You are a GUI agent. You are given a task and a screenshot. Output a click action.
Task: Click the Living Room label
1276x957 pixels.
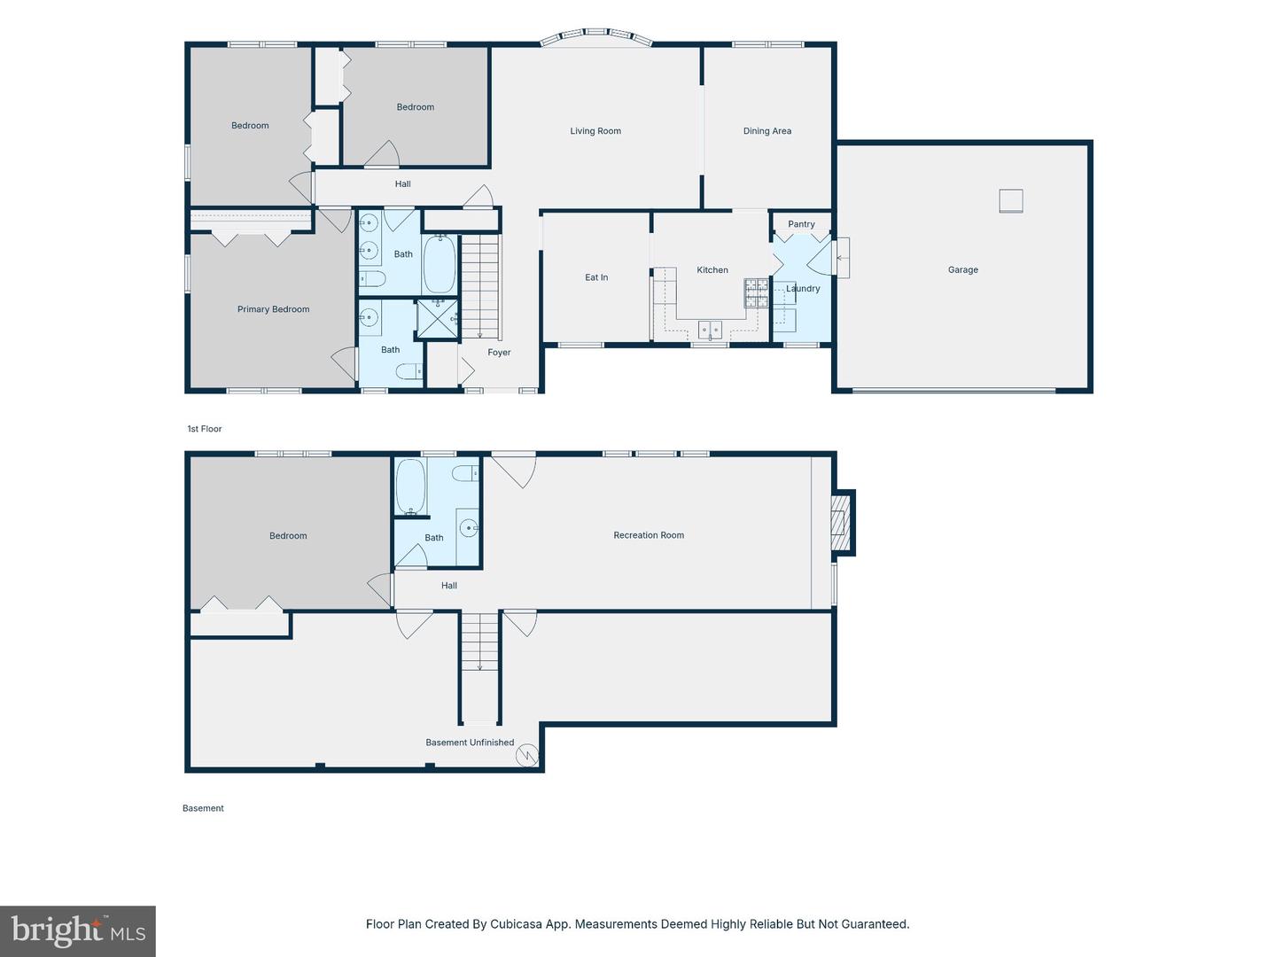tap(595, 131)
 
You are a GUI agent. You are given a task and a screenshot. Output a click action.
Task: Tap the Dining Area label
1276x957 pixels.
tap(766, 131)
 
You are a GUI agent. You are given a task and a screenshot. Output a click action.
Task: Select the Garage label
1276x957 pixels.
tap(962, 269)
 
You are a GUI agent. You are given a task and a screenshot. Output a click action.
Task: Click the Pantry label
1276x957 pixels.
tap(801, 223)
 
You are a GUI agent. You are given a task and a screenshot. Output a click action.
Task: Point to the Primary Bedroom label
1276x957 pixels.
tap(273, 309)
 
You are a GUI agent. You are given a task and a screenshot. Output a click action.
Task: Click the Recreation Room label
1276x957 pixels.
tap(649, 535)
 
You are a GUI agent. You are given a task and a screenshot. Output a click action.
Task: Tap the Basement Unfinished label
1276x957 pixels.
tap(470, 742)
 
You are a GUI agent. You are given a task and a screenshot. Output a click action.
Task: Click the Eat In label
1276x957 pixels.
tap(596, 277)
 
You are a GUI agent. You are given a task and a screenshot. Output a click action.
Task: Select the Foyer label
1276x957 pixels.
tap(499, 352)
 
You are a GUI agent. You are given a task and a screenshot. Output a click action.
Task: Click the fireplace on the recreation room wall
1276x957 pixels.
tap(841, 523)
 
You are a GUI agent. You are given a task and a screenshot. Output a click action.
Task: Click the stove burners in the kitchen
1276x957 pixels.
tap(757, 292)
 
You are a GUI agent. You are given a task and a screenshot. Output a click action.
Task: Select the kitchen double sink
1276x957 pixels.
tap(710, 330)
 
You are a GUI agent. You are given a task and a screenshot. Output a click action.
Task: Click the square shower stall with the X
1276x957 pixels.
tap(438, 318)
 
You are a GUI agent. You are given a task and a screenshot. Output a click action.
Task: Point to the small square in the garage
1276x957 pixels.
tap(1011, 201)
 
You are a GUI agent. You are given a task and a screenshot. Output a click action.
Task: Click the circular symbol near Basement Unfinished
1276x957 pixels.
tap(527, 755)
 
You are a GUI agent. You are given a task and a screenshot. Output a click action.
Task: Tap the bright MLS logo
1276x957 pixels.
tap(78, 930)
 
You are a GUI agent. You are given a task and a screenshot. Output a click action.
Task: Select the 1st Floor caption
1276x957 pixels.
tap(204, 429)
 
